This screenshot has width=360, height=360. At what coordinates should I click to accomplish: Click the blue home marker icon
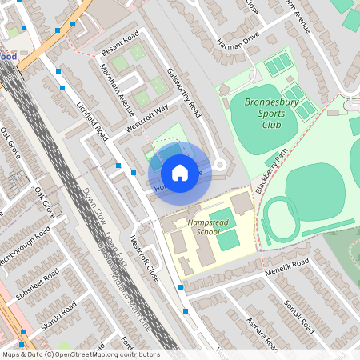click(180, 173)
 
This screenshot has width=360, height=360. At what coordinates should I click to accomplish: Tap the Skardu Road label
click(59, 317)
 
